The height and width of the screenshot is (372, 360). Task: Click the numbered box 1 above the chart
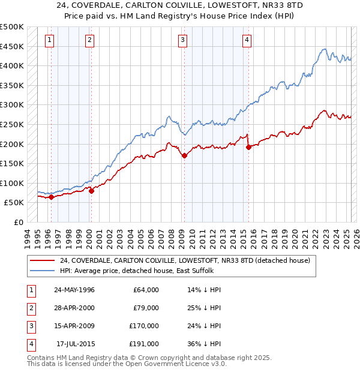(x=49, y=40)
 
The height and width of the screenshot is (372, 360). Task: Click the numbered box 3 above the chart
(x=182, y=40)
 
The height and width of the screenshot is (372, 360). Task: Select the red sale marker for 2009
(x=184, y=156)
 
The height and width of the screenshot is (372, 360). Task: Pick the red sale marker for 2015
(x=248, y=148)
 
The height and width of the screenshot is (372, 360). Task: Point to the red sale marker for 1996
(x=51, y=197)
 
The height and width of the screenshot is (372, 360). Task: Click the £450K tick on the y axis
(x=12, y=46)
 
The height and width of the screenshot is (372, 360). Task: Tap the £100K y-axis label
(x=12, y=183)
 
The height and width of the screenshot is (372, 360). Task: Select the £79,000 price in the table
(x=146, y=308)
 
